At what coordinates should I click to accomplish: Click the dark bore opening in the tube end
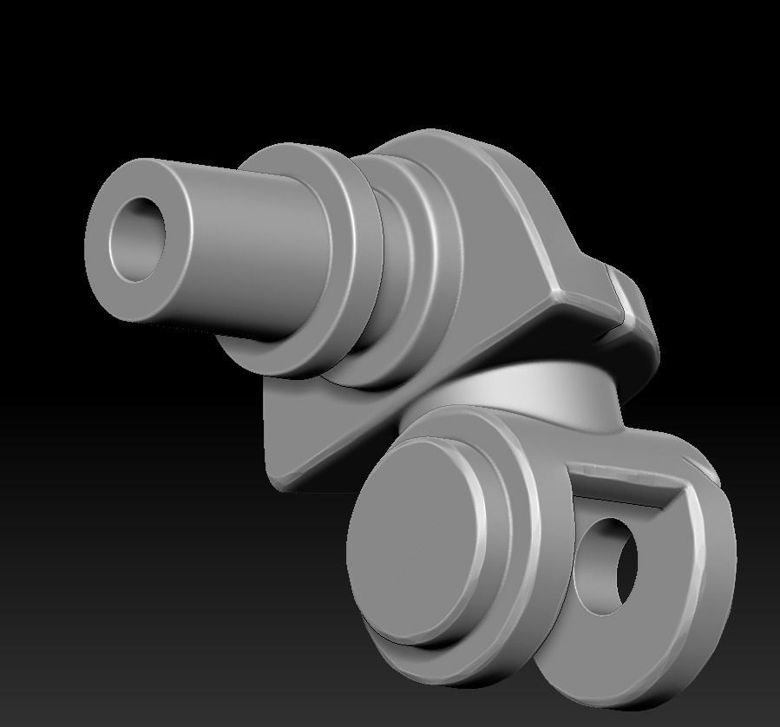coord(138,239)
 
